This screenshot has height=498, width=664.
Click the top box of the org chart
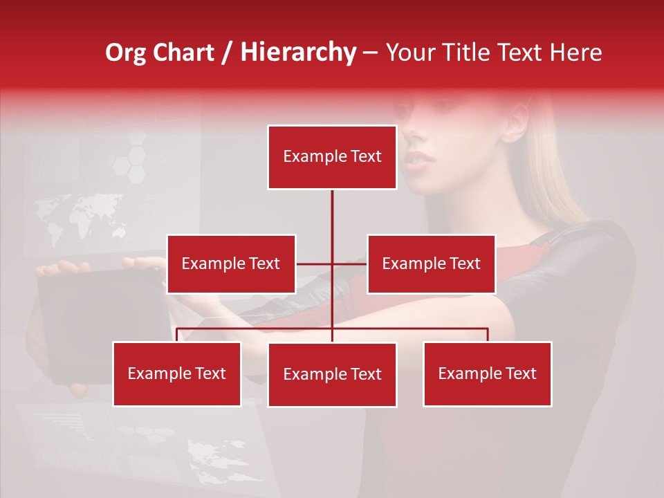(332, 157)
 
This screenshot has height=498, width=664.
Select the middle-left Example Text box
(231, 264)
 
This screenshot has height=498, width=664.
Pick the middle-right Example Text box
(431, 264)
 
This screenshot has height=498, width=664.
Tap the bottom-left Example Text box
(177, 373)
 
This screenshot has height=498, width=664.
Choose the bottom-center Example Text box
(332, 374)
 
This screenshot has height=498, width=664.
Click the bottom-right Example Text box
(487, 373)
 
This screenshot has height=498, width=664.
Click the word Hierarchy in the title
(298, 52)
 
